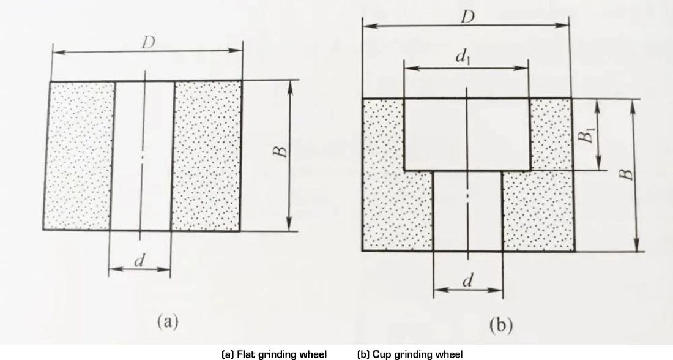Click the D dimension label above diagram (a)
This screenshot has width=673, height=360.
tap(148, 42)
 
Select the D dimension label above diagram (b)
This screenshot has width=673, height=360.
tap(468, 17)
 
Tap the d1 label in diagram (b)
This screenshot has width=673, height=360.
tap(463, 58)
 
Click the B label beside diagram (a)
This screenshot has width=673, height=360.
tap(280, 152)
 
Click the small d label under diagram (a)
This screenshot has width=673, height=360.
tap(139, 260)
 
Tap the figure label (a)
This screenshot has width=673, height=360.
tap(168, 321)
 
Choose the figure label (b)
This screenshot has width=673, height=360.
tap(501, 325)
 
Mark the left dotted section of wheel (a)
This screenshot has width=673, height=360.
tap(78, 156)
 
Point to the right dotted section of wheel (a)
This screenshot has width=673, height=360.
tap(206, 156)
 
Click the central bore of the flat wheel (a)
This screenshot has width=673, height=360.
tap(142, 156)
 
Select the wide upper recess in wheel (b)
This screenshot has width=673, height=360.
tap(467, 134)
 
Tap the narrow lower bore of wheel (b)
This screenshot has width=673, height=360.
tap(468, 211)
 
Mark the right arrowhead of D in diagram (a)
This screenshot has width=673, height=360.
tap(237, 50)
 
